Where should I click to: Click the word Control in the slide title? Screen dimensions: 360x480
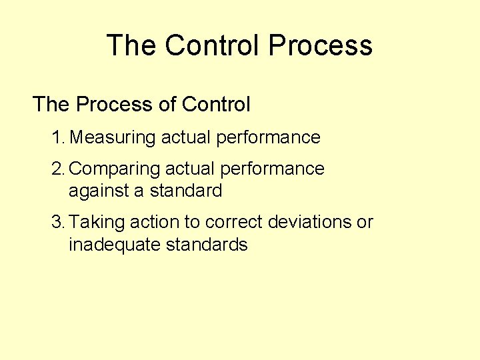click(212, 45)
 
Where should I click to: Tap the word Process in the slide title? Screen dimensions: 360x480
click(320, 45)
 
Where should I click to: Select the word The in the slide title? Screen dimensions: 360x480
click(131, 45)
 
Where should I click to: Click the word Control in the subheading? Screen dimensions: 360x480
click(216, 105)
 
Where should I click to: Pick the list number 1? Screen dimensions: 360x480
click(57, 138)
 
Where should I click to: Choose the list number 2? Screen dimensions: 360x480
click(57, 169)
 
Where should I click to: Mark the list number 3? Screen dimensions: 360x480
click(57, 222)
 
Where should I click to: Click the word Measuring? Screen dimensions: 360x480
click(113, 138)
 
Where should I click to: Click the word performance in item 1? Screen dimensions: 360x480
click(268, 138)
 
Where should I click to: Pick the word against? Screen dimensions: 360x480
click(99, 191)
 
